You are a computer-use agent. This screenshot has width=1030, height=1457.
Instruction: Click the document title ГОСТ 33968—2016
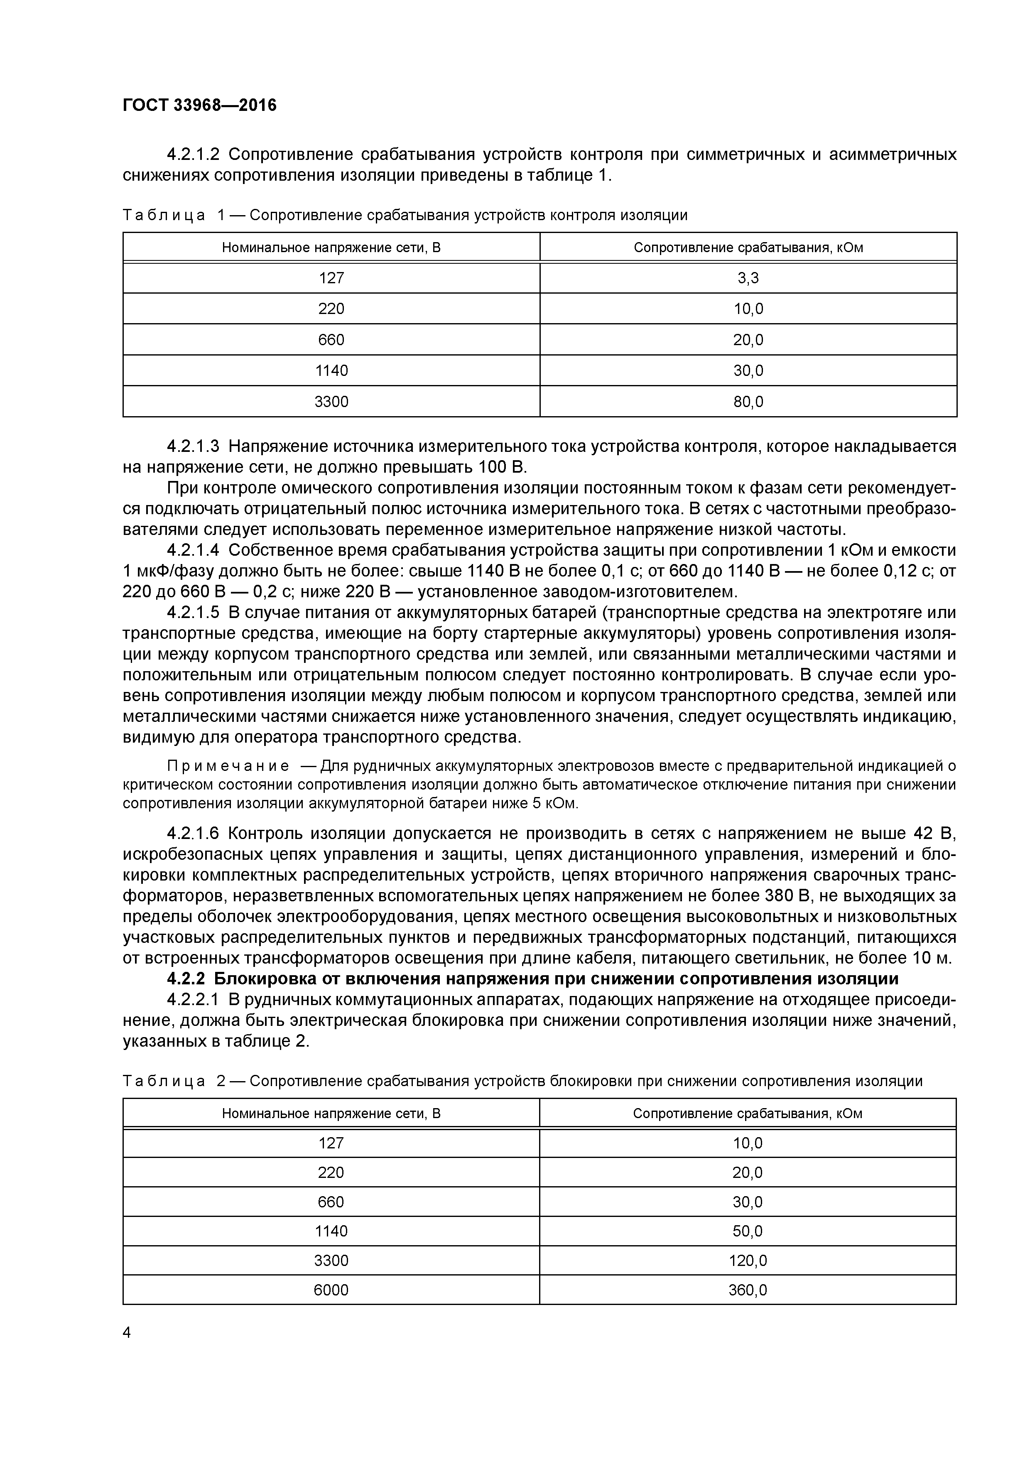pyautogui.click(x=199, y=105)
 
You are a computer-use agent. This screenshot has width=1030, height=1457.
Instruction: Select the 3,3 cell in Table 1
pyautogui.click(x=748, y=278)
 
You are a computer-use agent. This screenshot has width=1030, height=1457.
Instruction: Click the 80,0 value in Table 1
pyautogui.click(x=748, y=402)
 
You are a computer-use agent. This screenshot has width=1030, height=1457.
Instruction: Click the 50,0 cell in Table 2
pyautogui.click(x=748, y=1231)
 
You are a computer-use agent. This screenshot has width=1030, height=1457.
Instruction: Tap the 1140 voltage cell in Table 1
pyautogui.click(x=331, y=370)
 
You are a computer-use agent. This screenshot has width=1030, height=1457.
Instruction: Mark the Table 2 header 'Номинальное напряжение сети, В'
pyautogui.click(x=331, y=1114)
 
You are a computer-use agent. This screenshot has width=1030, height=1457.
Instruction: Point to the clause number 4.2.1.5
pyautogui.click(x=193, y=613)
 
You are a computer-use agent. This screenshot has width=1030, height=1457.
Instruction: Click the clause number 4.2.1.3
pyautogui.click(x=193, y=447)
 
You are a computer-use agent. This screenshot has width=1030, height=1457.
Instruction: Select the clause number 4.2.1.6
pyautogui.click(x=193, y=833)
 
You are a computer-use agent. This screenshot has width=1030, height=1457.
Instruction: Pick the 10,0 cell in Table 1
pyautogui.click(x=748, y=309)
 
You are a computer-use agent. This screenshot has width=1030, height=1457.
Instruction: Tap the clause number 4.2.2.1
pyautogui.click(x=193, y=1000)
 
